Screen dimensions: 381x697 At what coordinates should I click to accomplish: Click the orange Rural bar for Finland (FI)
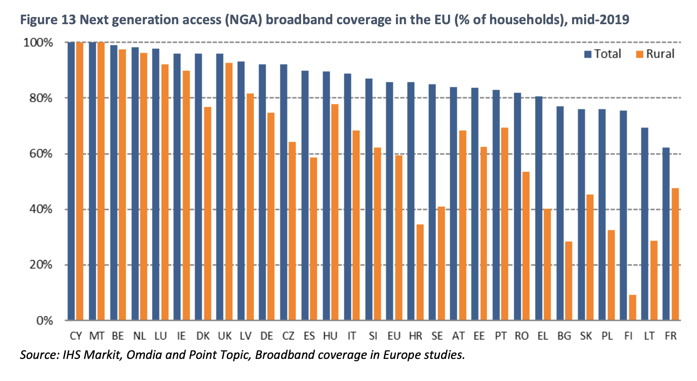(632, 308)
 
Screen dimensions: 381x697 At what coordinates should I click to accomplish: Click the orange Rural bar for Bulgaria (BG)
(569, 281)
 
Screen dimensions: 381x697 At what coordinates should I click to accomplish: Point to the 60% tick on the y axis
(40, 154)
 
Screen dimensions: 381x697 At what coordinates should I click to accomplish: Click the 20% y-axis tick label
(40, 265)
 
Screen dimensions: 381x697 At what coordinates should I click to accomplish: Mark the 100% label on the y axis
(38, 43)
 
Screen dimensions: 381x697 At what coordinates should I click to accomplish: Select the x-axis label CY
(76, 336)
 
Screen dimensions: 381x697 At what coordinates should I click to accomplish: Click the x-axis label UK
(225, 336)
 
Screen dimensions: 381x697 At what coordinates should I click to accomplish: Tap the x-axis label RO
(522, 336)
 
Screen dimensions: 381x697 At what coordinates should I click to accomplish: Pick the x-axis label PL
(607, 336)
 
